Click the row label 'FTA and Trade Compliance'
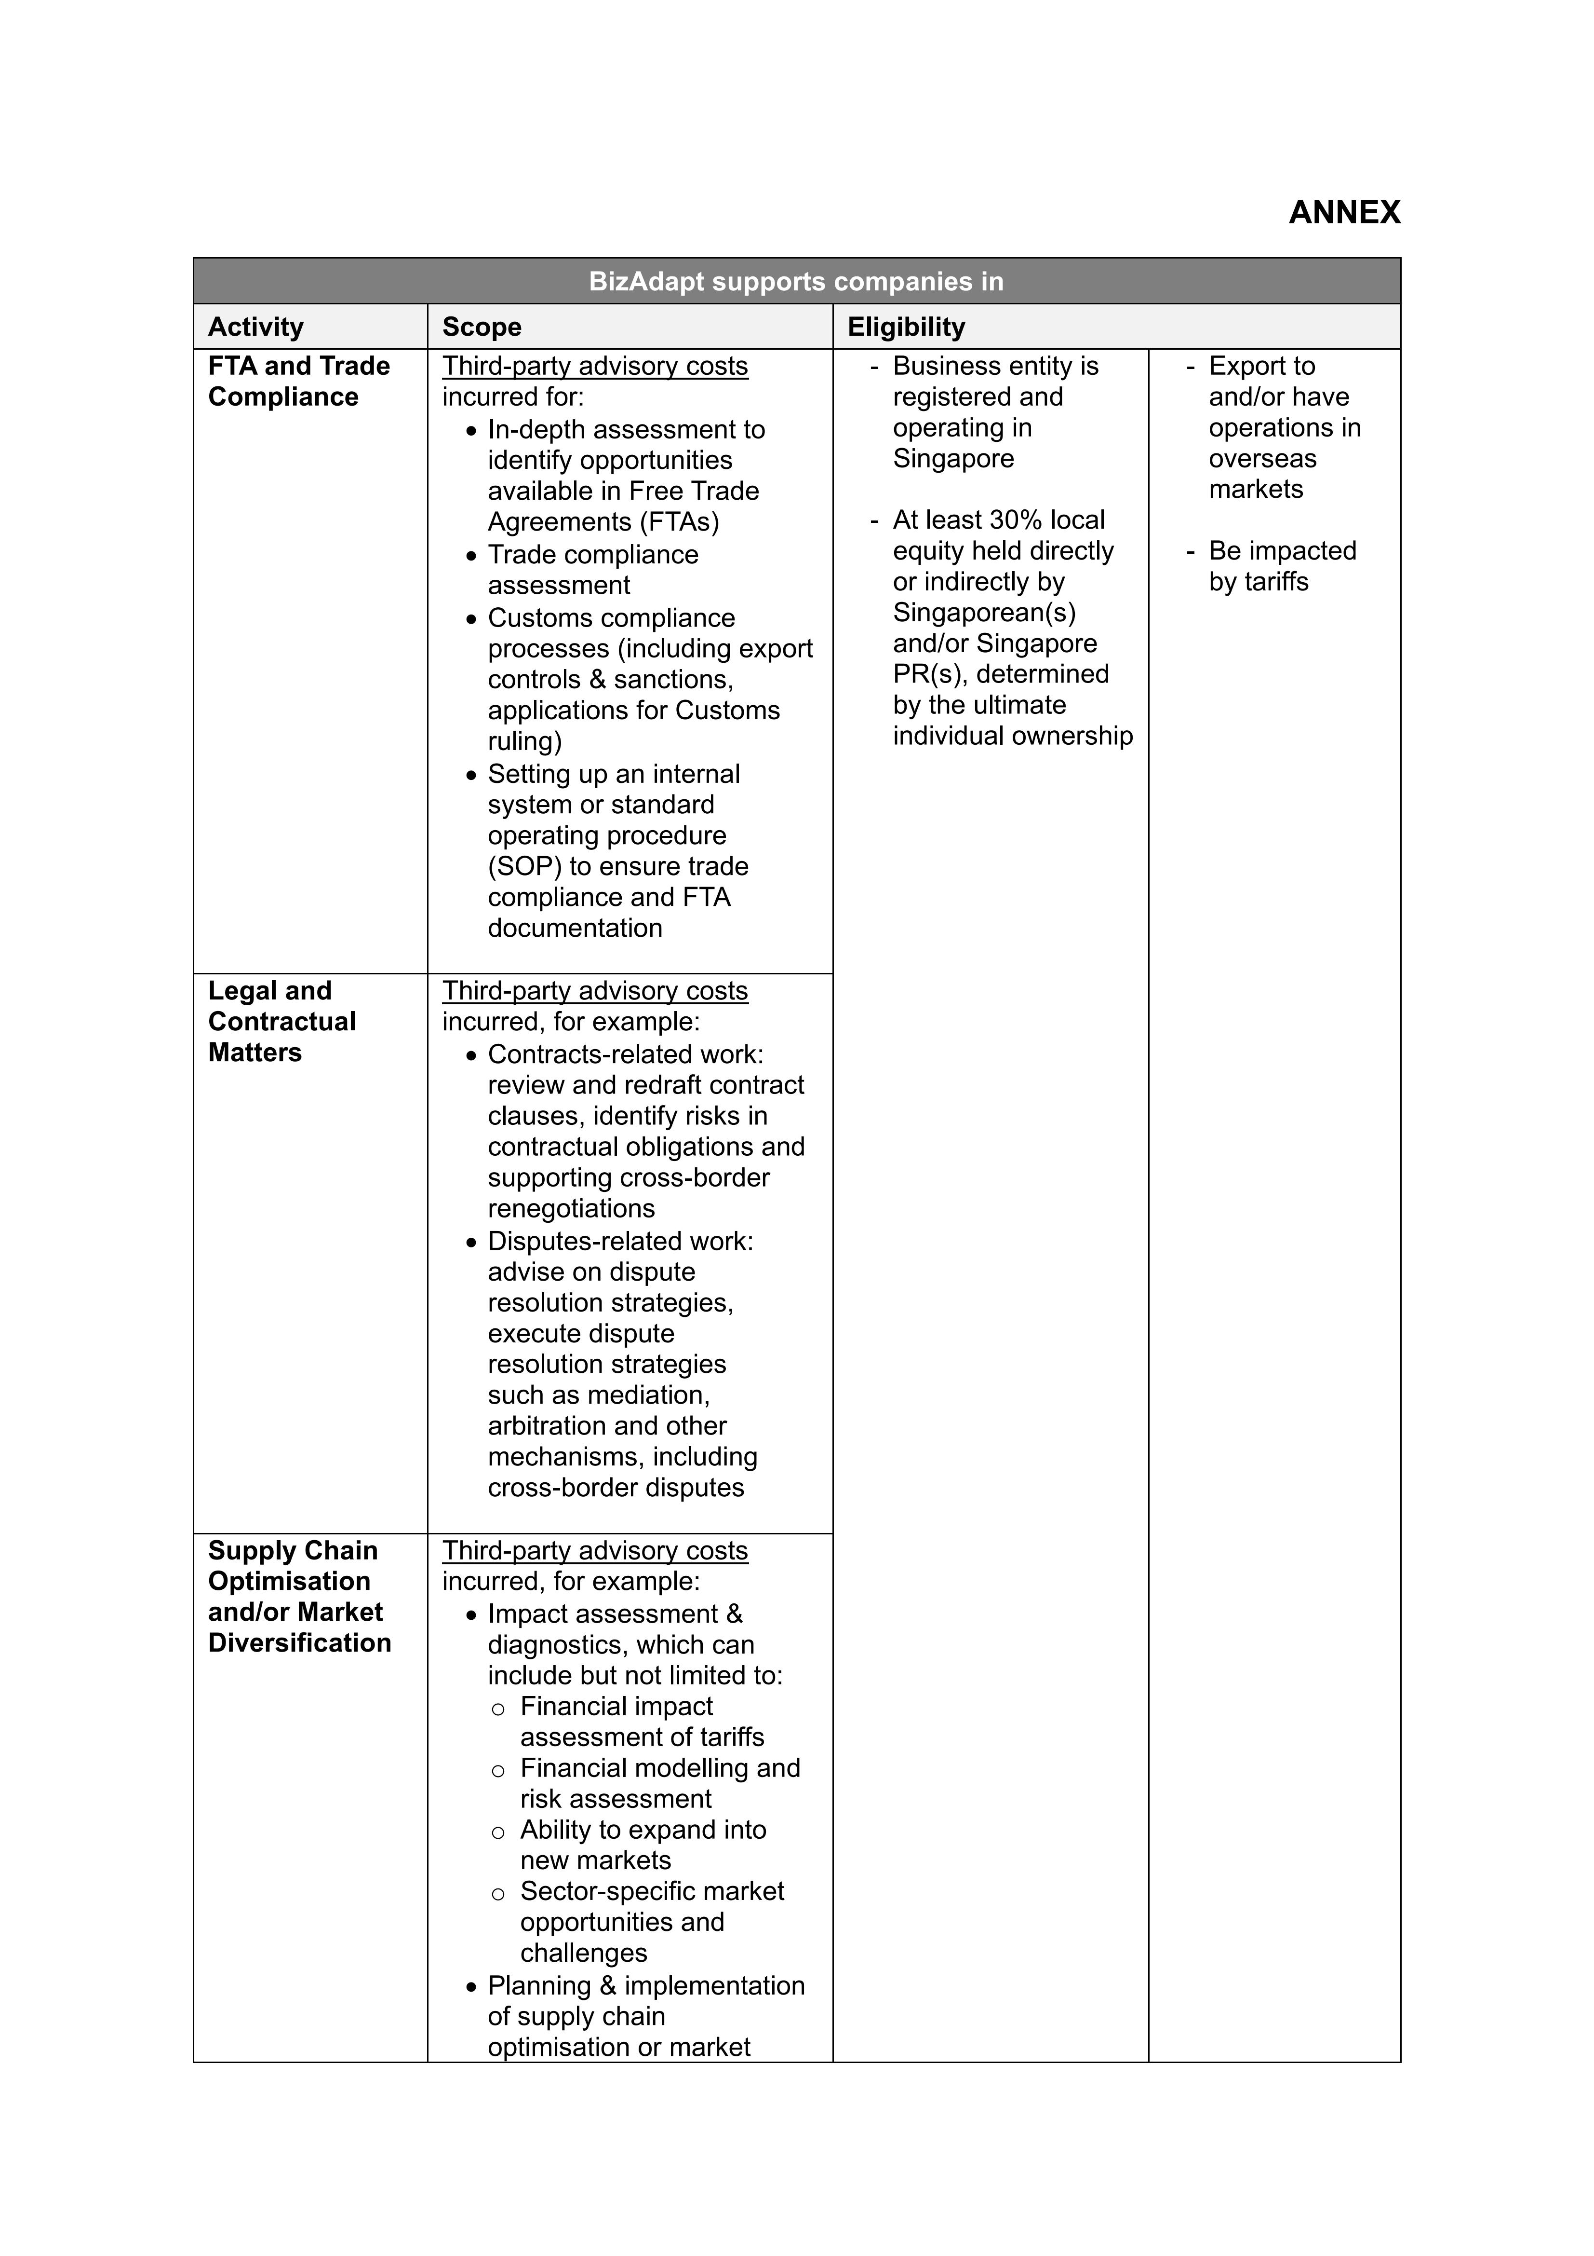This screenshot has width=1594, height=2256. coord(298,381)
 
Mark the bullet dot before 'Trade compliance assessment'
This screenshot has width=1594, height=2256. coord(471,556)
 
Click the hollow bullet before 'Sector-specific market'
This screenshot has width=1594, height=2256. coord(498,1893)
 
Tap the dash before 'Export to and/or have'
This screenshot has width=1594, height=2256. coord(1191,367)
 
